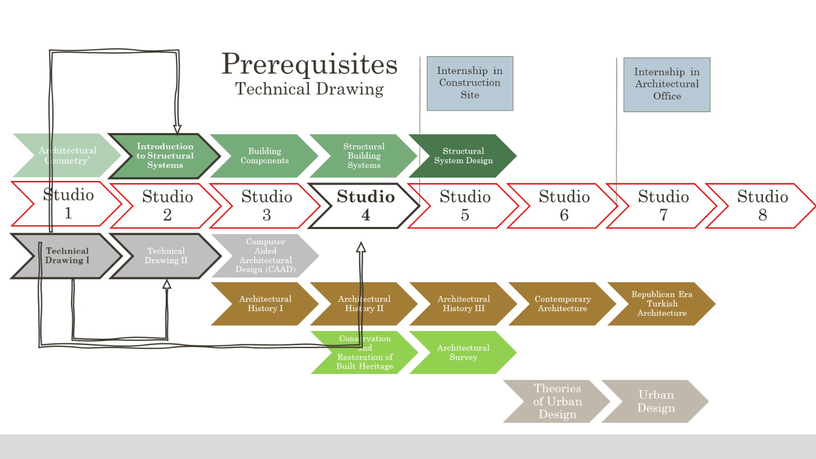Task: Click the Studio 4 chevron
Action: (x=365, y=206)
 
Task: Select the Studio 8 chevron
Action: (x=762, y=206)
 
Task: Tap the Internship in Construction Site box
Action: (x=470, y=83)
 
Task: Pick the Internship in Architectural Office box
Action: (x=667, y=84)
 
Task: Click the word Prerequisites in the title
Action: (x=309, y=64)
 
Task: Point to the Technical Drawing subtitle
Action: (x=309, y=89)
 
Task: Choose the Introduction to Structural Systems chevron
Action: (x=165, y=156)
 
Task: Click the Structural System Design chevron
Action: (x=463, y=156)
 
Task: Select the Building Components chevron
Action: (x=264, y=156)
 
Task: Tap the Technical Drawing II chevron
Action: (x=166, y=256)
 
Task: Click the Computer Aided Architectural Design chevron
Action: (x=265, y=256)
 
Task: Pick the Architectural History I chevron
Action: (x=265, y=303)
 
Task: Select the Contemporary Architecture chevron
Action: (x=562, y=303)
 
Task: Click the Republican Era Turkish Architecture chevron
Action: (x=661, y=303)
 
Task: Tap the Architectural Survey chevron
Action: (x=463, y=352)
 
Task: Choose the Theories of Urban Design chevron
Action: (x=557, y=401)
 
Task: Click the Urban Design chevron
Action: (x=656, y=401)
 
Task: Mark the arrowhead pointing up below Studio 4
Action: (x=361, y=247)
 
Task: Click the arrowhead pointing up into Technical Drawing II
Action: (x=167, y=284)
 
